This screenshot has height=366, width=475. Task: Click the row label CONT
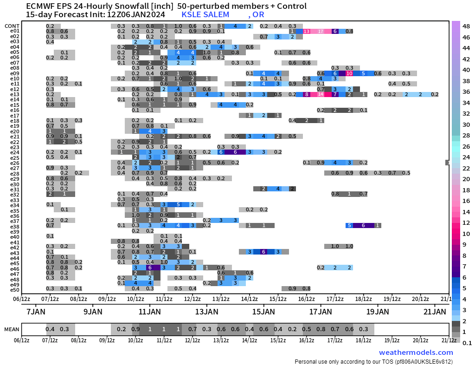(12, 26)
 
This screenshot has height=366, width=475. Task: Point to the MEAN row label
(12, 330)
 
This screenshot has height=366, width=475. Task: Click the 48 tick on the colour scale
(466, 26)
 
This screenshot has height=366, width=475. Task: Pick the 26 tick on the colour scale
(466, 146)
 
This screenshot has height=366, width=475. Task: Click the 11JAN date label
(149, 311)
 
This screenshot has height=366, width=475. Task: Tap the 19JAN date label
(378, 311)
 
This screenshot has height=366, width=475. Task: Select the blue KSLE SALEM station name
(205, 14)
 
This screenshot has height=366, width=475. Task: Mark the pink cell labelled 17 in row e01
(321, 32)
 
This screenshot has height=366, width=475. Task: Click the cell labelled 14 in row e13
(321, 95)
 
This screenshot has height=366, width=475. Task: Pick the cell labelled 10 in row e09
(349, 74)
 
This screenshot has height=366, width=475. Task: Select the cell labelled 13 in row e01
(306, 32)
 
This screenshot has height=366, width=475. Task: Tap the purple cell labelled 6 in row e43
(263, 252)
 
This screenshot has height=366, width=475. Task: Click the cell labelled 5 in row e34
(178, 205)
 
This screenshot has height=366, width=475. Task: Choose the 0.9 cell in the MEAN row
(135, 330)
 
